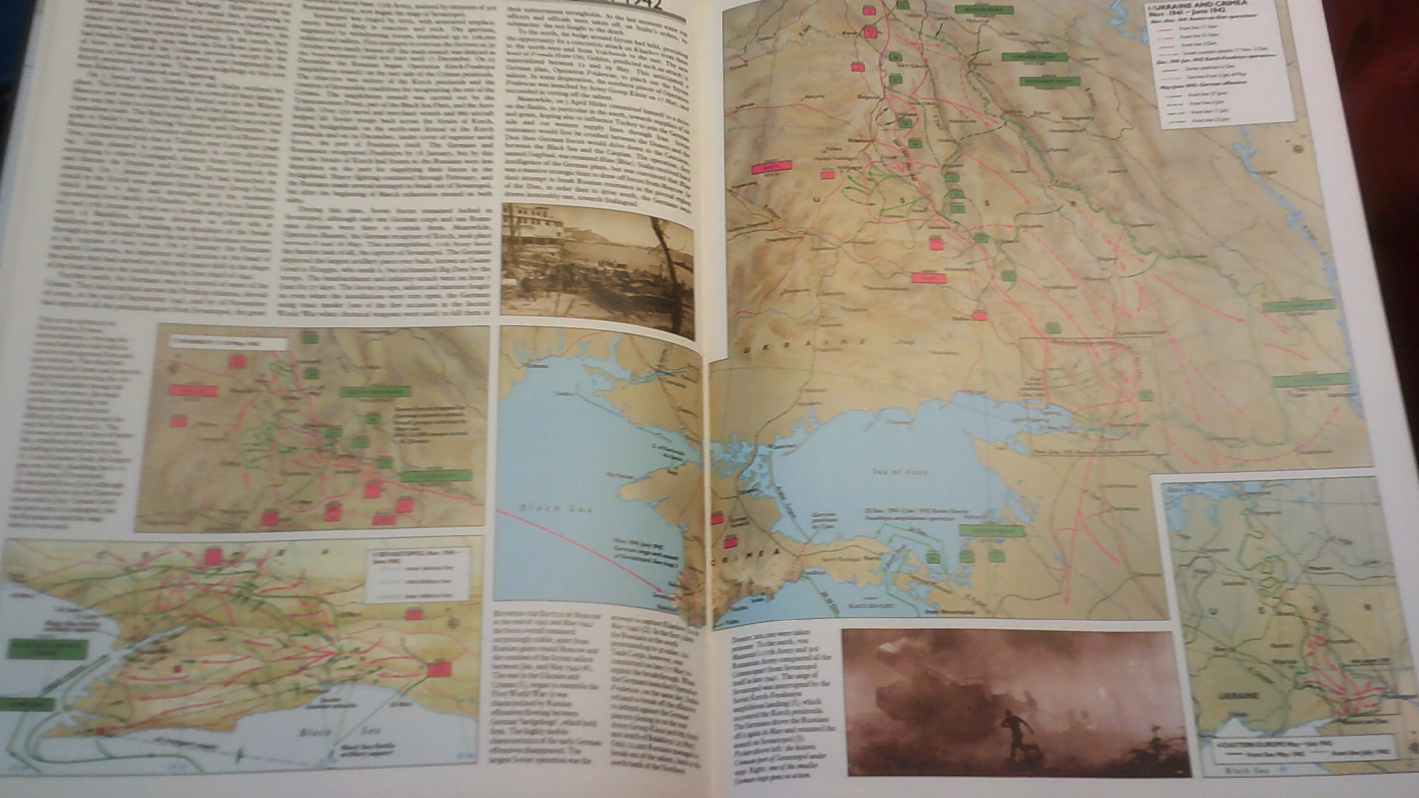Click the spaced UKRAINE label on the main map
coord(805,345)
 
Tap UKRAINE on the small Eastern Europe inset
coord(1233,697)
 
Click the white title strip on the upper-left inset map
coord(227,342)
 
